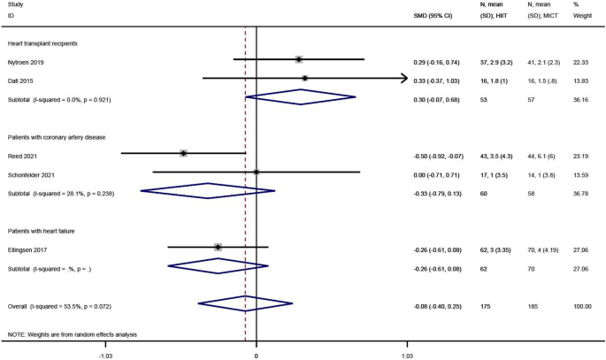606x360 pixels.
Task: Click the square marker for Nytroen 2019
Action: click(x=299, y=59)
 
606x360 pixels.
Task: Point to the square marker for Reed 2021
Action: click(x=183, y=153)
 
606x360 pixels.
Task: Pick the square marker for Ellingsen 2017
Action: click(x=218, y=247)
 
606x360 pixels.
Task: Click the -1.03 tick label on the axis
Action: click(x=106, y=354)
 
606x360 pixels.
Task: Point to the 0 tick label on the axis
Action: click(x=256, y=354)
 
